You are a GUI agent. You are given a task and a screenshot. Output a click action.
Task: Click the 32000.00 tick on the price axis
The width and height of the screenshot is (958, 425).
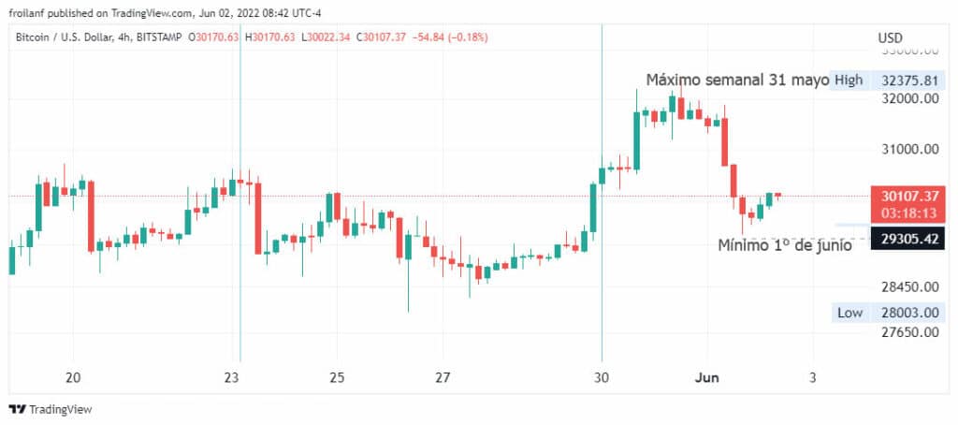908,98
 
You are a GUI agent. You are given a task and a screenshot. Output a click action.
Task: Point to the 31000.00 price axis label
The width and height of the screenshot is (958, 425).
908,149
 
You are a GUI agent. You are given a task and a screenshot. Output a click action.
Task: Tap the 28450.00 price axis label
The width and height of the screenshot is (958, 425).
908,286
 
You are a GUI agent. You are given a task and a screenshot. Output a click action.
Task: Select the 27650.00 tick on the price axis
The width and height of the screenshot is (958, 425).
908,332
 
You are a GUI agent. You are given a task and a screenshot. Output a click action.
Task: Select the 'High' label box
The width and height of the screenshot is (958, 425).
849,80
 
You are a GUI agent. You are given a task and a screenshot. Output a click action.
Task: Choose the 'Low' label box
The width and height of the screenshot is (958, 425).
849,313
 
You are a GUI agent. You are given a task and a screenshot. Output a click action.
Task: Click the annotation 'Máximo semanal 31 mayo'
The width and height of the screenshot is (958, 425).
737,80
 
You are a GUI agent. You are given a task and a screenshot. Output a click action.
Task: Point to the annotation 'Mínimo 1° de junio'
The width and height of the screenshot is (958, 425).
784,246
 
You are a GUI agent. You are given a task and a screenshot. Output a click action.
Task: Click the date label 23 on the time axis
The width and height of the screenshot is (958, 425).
233,377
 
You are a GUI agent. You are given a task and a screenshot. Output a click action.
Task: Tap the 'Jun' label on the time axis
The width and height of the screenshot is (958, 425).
704,377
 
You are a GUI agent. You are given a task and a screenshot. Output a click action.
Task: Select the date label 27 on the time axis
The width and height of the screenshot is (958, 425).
443,377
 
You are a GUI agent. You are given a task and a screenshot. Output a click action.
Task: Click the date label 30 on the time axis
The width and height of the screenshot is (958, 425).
602,377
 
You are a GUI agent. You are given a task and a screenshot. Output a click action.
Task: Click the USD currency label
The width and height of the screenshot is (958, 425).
890,37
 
